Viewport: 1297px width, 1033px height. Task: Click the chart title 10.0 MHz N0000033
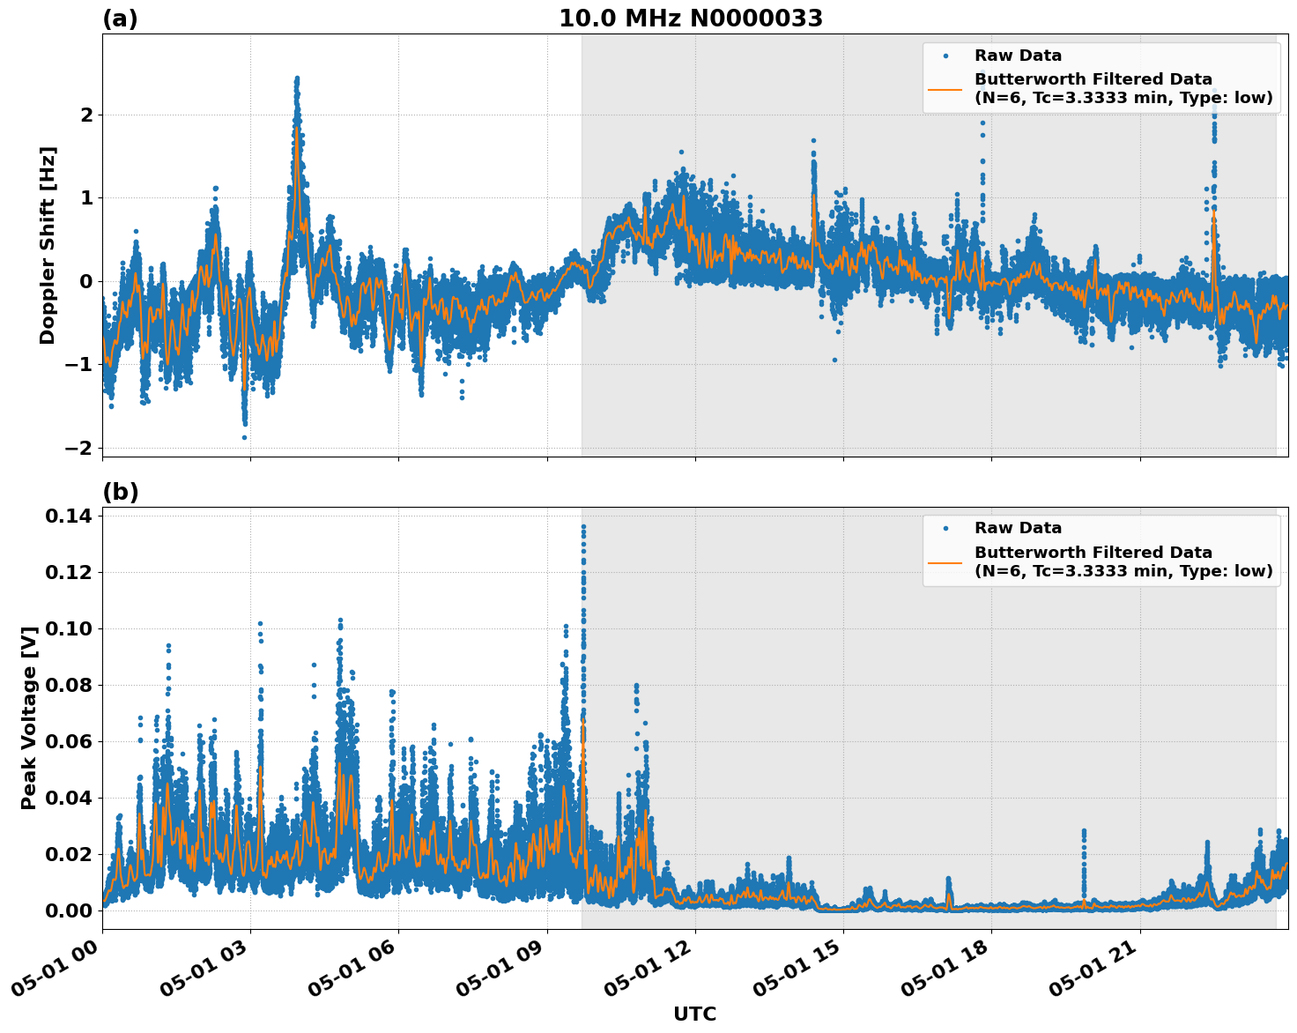click(690, 19)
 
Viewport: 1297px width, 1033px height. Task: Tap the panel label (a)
click(120, 19)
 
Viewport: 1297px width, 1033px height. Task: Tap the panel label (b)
click(120, 492)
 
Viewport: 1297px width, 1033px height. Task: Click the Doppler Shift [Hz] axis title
click(48, 245)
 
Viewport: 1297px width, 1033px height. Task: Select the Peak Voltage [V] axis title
click(29, 717)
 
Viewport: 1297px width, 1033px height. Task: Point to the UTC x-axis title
click(694, 1014)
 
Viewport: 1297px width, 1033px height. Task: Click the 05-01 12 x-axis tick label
click(650, 975)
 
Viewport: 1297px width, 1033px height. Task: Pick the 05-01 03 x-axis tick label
click(205, 975)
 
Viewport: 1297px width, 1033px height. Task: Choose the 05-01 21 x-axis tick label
click(1095, 975)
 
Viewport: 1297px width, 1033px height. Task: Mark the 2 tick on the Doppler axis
click(86, 115)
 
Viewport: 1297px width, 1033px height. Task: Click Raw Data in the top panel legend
click(1018, 56)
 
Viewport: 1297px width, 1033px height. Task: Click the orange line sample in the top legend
click(945, 88)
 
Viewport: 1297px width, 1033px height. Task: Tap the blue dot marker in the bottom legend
click(945, 528)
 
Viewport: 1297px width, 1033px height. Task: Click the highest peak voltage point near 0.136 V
click(583, 526)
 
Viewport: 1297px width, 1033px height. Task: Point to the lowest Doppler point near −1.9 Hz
click(244, 437)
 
